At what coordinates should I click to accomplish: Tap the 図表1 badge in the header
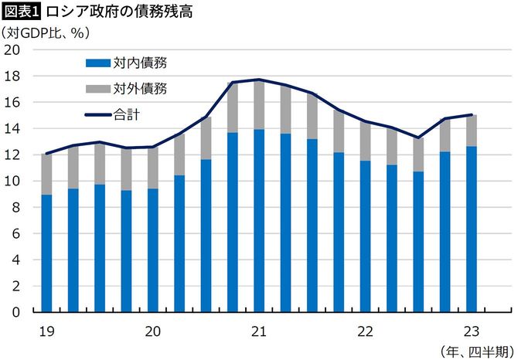(x=22, y=12)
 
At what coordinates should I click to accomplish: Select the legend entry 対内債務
(x=140, y=63)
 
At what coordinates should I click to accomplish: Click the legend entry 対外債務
(x=140, y=88)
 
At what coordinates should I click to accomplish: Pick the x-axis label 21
(x=259, y=332)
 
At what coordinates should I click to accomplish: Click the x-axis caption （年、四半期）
(x=473, y=351)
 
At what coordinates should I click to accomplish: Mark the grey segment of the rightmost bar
(x=471, y=131)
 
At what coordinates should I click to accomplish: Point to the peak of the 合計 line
(x=259, y=80)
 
